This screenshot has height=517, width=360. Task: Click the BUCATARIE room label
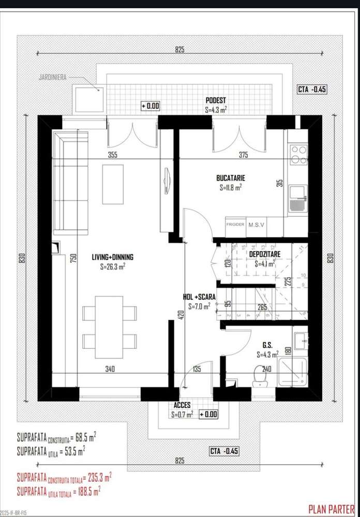pyautogui.click(x=230, y=178)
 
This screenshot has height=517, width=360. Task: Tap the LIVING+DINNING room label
pyautogui.click(x=112, y=257)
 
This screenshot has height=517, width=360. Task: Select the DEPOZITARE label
pyautogui.click(x=265, y=255)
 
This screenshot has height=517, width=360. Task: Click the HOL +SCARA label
pyautogui.click(x=199, y=298)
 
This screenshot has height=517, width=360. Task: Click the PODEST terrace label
pyautogui.click(x=215, y=100)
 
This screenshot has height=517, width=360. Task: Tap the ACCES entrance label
pyautogui.click(x=182, y=406)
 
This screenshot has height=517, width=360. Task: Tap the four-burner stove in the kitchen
pyautogui.click(x=298, y=154)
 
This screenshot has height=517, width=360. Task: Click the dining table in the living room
pyautogui.click(x=109, y=327)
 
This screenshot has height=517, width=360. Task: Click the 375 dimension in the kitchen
pyautogui.click(x=244, y=154)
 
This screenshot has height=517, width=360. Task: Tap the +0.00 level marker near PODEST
pyautogui.click(x=151, y=106)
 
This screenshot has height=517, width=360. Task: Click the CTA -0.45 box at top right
pyautogui.click(x=312, y=89)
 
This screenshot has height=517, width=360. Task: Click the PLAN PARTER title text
pyautogui.click(x=331, y=509)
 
